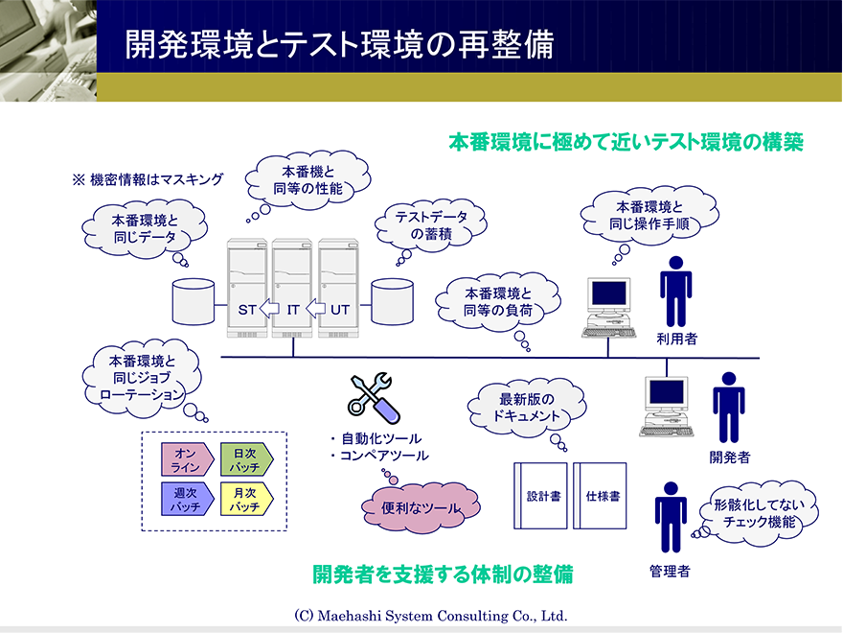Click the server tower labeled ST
point(247,288)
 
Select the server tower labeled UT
point(338,288)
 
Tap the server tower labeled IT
point(292,288)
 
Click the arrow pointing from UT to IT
point(315,309)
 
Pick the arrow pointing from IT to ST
point(269,309)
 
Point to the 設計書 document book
point(540,496)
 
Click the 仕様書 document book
point(600,496)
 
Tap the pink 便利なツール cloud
point(421,507)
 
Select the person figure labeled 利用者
point(675,292)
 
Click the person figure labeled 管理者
point(671,517)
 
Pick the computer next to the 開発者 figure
point(666,407)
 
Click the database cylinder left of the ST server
point(194,301)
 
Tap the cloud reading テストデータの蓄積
point(431,225)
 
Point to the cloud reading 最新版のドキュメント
point(527,408)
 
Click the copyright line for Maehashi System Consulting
point(431,615)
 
